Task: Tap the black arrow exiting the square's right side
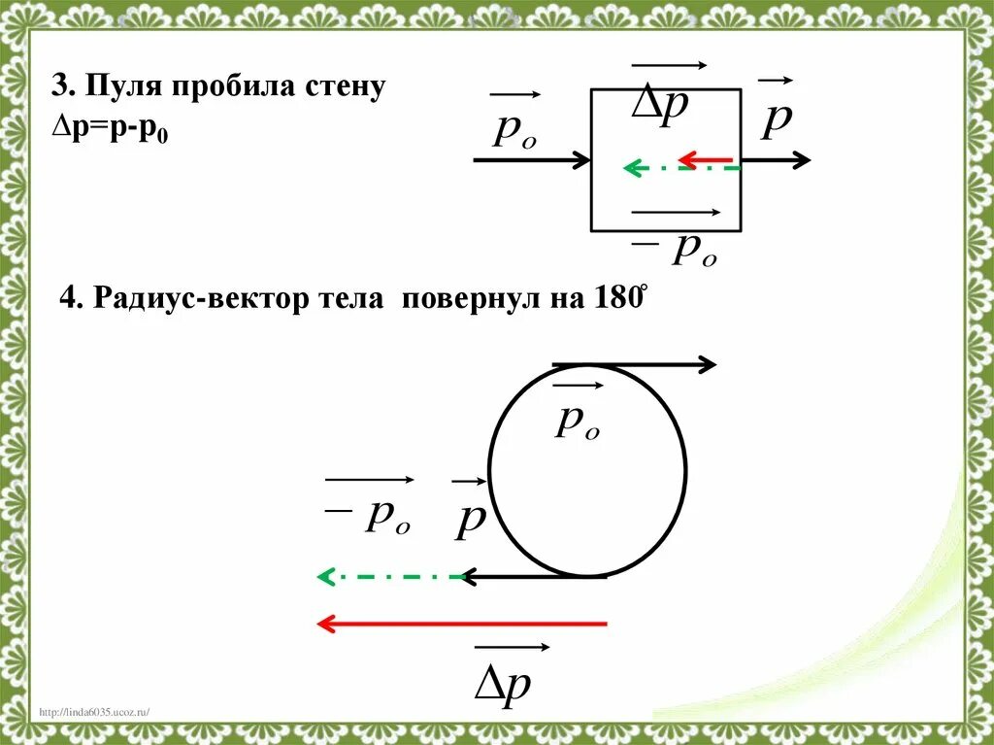point(777,160)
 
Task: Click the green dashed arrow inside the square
point(679,169)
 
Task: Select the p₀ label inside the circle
point(577,420)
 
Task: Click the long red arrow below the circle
point(462,624)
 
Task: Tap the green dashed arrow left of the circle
point(388,577)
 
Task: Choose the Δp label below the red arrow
point(503,683)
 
